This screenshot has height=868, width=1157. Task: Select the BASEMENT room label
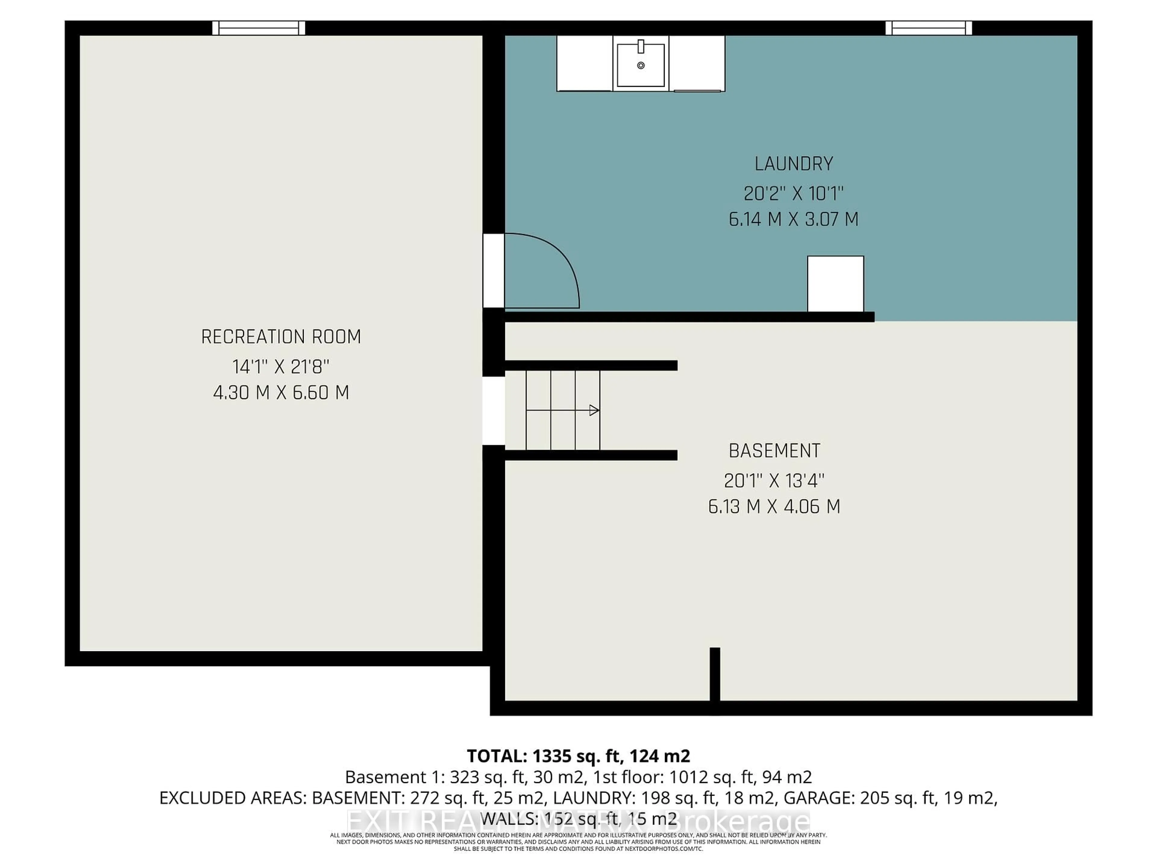pos(774,451)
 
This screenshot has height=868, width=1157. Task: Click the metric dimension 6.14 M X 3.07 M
pos(793,219)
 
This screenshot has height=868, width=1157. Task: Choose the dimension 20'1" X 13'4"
pos(774,480)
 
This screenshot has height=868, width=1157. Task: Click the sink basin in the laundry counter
pos(641,65)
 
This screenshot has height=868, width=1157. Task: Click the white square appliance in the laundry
pos(835,284)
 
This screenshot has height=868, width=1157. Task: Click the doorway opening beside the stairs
pos(493,411)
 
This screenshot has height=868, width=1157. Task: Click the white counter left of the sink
pos(584,63)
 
